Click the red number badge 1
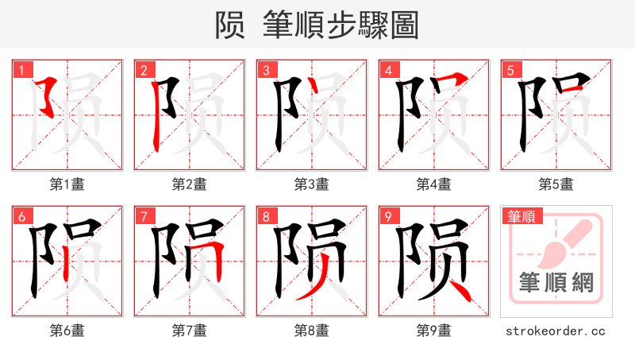pos(21,71)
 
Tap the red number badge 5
pos(510,71)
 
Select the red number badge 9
pos(388,217)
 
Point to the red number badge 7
pos(144,217)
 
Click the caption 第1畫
pos(67,184)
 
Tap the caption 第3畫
pos(312,184)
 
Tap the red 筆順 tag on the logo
pos(520,216)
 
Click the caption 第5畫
pos(556,184)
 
